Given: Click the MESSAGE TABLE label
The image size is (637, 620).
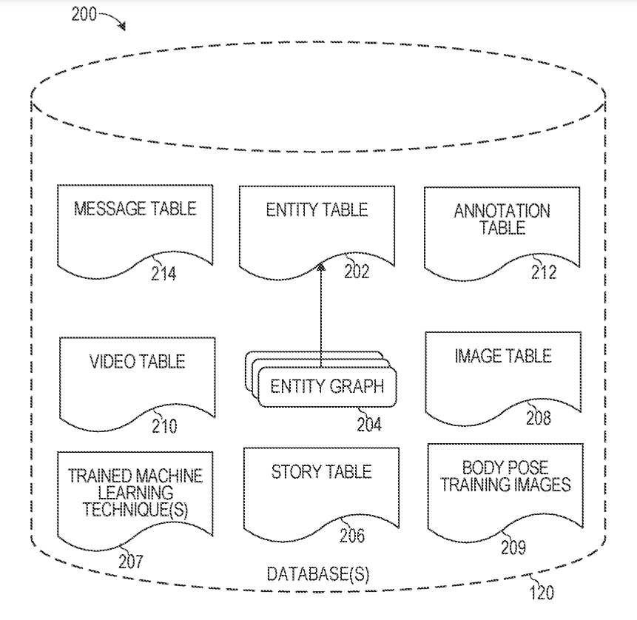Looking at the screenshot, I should point(135,208).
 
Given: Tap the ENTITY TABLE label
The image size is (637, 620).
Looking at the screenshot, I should point(317,209).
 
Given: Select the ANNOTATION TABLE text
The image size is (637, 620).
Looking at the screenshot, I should point(502,218).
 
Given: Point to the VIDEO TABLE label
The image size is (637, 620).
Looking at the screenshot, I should point(137,362).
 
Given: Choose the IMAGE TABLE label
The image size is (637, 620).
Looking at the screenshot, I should point(502,357).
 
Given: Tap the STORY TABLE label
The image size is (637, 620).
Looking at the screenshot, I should point(320,471).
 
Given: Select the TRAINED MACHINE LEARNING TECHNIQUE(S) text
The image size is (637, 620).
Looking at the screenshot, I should point(135,491).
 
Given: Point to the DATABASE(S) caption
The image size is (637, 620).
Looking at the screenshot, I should point(318,574).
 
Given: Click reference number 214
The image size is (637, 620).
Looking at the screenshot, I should point(164,274).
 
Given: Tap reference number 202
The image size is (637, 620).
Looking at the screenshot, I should point(357,272).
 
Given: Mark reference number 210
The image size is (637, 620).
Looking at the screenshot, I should point(164,426).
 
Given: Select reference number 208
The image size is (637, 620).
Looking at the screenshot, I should point(538,419).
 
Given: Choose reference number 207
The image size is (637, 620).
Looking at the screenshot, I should point(130,562).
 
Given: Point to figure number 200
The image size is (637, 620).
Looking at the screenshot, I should point(84,14).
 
